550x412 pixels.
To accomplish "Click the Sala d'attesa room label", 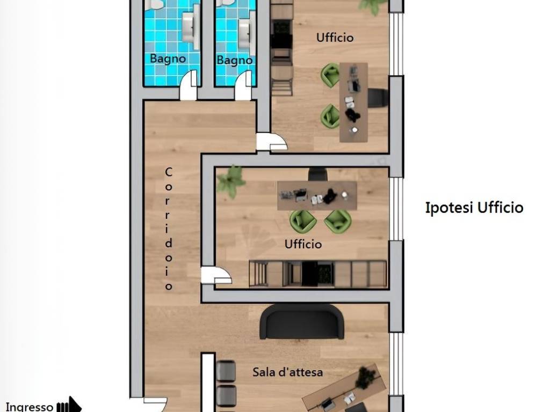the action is [288, 372].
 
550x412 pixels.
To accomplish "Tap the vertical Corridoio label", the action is [169, 229].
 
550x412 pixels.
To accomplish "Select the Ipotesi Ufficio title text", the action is [474, 208].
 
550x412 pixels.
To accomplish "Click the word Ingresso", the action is [30, 407].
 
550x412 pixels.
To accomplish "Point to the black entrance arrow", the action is [69, 406].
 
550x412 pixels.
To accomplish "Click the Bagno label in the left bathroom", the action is [168, 58].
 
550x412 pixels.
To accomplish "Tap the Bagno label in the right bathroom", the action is [234, 60].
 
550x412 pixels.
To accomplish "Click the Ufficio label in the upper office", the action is [335, 38].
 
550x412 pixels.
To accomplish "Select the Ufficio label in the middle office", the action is [303, 244].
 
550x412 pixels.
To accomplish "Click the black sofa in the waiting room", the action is [302, 322].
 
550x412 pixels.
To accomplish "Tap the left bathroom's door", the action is [189, 85].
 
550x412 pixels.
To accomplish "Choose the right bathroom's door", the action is [243, 85].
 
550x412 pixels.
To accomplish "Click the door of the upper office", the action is [271, 142].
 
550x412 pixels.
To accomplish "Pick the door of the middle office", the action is [216, 276].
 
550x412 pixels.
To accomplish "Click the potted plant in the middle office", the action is [230, 181].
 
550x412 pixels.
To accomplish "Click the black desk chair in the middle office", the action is [318, 174].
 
